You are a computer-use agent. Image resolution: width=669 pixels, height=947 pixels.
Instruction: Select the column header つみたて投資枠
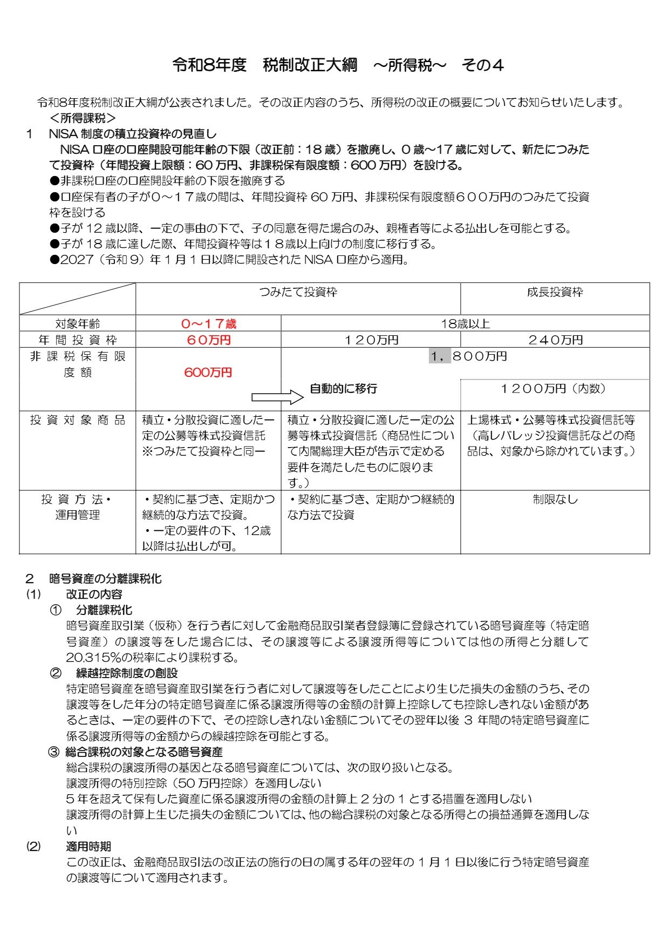[298, 292]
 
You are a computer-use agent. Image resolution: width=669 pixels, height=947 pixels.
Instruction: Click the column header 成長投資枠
[555, 292]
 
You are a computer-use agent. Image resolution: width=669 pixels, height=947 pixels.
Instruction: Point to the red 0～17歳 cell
[208, 324]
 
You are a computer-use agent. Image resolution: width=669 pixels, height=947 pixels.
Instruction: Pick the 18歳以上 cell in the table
[465, 324]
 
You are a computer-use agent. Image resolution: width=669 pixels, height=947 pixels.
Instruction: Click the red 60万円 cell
[208, 340]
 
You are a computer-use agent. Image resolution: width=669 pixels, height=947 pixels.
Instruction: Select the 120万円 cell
[371, 340]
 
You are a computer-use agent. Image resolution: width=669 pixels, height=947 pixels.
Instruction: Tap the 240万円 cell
[555, 340]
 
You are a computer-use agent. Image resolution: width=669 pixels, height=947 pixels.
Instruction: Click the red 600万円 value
[208, 373]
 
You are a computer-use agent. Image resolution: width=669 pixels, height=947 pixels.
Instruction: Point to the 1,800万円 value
[468, 356]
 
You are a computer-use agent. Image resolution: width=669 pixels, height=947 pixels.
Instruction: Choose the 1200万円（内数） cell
[555, 389]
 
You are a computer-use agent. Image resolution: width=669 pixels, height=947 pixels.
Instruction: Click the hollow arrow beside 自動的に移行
[277, 398]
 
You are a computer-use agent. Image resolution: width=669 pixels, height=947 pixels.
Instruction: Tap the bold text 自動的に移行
[343, 389]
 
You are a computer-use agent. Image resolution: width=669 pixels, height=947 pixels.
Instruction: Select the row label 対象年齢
[78, 324]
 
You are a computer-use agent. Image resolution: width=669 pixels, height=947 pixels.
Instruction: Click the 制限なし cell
[555, 499]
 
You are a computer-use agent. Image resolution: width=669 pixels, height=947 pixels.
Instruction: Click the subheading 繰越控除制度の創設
[127, 673]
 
